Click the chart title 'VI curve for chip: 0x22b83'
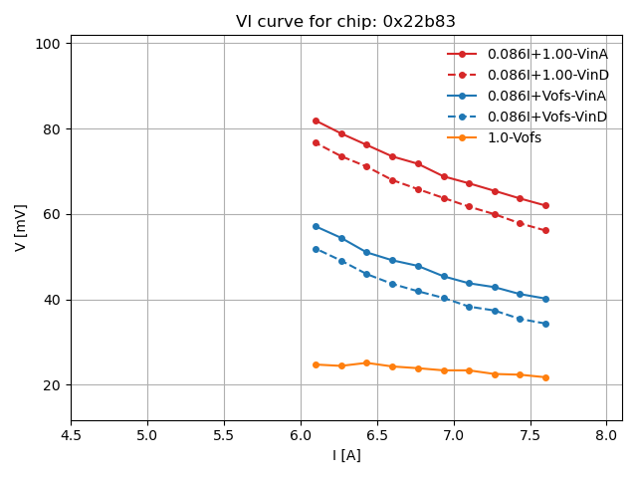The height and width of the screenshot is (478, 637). click(x=345, y=22)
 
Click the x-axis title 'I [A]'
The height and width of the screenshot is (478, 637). click(x=346, y=455)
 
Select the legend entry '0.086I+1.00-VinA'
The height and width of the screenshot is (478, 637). click(x=547, y=54)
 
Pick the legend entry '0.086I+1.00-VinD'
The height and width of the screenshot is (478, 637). click(x=547, y=75)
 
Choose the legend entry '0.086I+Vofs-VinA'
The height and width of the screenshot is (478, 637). click(x=546, y=96)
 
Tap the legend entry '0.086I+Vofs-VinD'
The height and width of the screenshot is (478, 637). click(x=546, y=117)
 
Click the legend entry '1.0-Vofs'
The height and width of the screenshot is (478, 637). click(x=514, y=137)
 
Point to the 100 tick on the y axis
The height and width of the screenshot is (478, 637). click(x=52, y=44)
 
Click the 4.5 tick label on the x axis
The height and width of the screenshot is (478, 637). click(x=71, y=436)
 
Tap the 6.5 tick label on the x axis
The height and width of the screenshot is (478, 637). click(x=377, y=436)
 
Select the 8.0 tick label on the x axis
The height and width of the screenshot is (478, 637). click(x=607, y=436)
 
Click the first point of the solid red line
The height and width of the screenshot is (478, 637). click(x=316, y=120)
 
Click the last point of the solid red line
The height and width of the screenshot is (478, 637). click(x=545, y=205)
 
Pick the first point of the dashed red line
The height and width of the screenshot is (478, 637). click(x=316, y=142)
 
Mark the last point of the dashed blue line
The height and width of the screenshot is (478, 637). click(x=545, y=324)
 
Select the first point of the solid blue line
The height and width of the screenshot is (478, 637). click(x=316, y=226)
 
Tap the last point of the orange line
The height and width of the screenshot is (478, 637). click(x=545, y=377)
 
